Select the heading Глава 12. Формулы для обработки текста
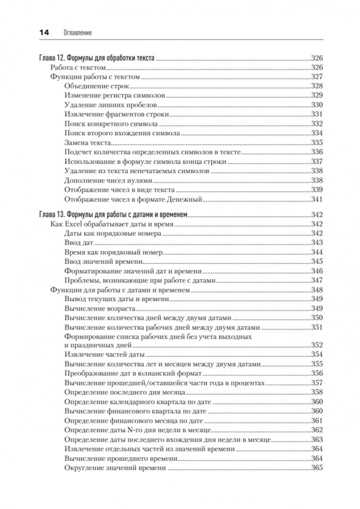click(97, 57)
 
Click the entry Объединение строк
click(95, 85)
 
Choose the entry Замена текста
click(88, 142)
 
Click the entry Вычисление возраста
click(100, 308)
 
